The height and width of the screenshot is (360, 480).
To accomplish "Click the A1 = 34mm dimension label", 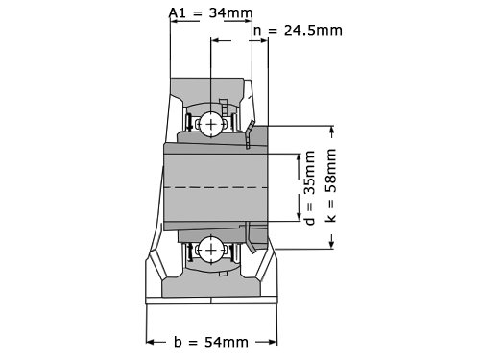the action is click(210, 12).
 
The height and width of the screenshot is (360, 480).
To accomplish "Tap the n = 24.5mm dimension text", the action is click(298, 31).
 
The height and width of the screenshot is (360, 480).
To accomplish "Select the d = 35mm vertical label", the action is click(310, 187).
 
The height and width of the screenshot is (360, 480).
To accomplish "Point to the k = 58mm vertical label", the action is click(331, 185).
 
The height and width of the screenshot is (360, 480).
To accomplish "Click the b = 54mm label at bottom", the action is click(211, 342).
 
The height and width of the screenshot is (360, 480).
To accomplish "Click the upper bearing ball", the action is click(211, 124).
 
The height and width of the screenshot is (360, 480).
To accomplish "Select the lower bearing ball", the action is click(211, 250).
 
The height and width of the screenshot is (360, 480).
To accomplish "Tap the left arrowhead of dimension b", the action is click(152, 342).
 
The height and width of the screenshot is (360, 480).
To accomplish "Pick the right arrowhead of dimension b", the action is click(272, 342).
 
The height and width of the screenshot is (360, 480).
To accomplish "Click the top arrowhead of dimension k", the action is click(332, 132).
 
